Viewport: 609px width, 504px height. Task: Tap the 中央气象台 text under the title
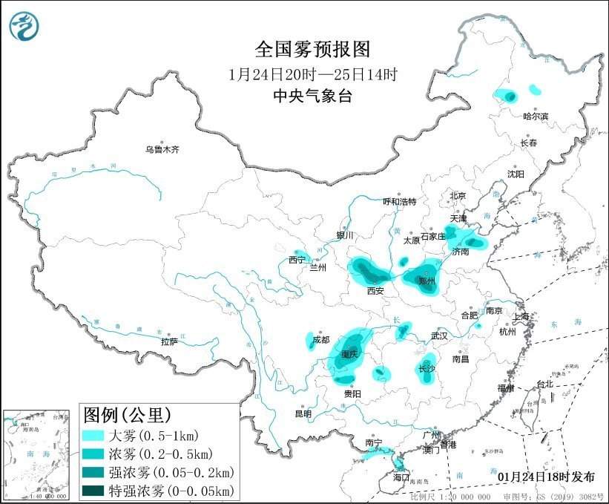[312, 95]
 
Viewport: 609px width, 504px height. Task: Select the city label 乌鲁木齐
[162, 149]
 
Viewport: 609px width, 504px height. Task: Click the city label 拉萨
[169, 341]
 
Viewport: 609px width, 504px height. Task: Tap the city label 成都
[320, 340]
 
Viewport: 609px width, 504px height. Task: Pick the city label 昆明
[303, 413]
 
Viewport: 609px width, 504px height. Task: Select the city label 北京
[457, 196]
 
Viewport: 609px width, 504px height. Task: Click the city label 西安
[375, 292]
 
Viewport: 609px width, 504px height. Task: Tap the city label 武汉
[439, 336]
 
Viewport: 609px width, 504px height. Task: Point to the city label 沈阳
[516, 174]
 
